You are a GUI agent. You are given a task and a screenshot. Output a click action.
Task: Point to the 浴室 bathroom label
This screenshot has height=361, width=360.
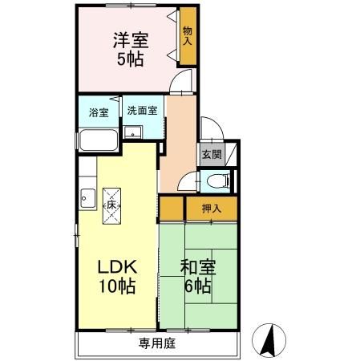coord(99,112)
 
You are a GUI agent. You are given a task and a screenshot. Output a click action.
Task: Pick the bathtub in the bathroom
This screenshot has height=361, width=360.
coord(99,140)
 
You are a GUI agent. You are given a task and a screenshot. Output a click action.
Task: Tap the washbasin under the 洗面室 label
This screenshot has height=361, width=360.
coord(135,132)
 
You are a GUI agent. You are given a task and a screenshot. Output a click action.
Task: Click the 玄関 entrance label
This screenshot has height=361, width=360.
coord(210,155)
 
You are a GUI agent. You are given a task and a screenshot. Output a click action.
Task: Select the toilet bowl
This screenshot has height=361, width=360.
coord(222,180)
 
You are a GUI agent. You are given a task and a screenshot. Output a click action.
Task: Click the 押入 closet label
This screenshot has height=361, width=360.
coord(211,209)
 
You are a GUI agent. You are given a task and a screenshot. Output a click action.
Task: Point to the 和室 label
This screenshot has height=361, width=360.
coord(196,266)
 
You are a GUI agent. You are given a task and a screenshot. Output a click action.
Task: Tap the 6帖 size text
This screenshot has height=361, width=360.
coord(196,286)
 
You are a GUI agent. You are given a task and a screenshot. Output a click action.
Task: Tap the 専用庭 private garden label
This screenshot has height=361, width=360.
coord(156,343)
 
